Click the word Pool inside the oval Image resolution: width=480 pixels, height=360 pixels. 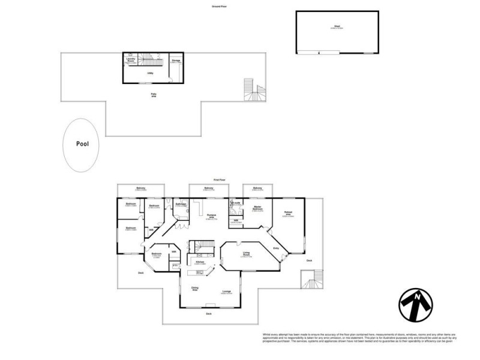(82, 144)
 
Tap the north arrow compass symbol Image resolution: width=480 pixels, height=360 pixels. (416, 305)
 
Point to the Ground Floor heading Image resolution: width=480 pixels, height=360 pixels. (220, 6)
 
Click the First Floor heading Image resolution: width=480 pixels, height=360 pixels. (220, 179)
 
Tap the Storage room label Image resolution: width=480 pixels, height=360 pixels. (176, 61)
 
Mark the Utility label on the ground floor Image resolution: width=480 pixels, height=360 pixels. (150, 73)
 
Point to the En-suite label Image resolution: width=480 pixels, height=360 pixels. (236, 203)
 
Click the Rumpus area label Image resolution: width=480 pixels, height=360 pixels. (211, 217)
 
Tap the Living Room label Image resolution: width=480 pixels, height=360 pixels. (246, 254)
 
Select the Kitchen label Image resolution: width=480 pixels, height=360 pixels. (200, 262)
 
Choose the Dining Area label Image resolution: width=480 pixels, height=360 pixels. (195, 289)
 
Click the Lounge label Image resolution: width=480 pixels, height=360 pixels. (227, 292)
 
